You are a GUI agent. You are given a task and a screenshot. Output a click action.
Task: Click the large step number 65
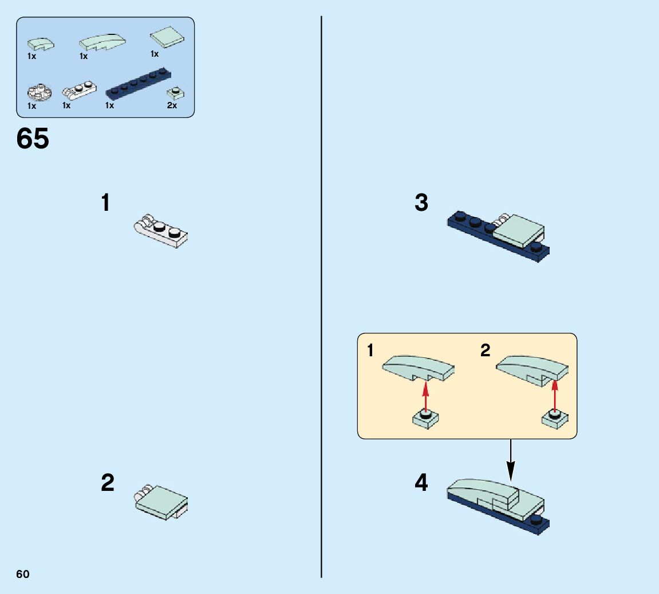[33, 138]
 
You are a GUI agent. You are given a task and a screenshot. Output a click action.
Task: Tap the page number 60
[23, 575]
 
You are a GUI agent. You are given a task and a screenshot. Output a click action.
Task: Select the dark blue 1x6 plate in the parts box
[139, 85]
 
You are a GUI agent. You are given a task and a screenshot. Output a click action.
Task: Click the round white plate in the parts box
[40, 92]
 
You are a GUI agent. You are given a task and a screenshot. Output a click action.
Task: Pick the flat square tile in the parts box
[167, 37]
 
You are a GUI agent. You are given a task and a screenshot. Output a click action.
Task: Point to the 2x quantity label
[172, 105]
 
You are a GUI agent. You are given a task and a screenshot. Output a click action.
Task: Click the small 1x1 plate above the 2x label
[175, 92]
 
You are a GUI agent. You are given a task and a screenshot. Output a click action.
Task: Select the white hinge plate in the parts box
[80, 89]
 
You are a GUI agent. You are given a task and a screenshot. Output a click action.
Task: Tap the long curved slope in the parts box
[102, 42]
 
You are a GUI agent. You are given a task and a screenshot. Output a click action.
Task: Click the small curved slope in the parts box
[41, 44]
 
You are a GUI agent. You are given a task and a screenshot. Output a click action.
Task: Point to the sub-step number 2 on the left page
[108, 482]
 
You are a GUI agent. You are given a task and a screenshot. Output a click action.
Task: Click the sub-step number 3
[421, 202]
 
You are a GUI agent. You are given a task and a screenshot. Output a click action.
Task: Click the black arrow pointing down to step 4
[511, 461]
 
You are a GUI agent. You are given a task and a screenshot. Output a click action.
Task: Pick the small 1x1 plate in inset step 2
[555, 419]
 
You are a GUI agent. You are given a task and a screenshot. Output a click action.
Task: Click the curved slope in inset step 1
[418, 368]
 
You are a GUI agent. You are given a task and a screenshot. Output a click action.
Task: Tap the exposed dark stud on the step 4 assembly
[536, 519]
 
